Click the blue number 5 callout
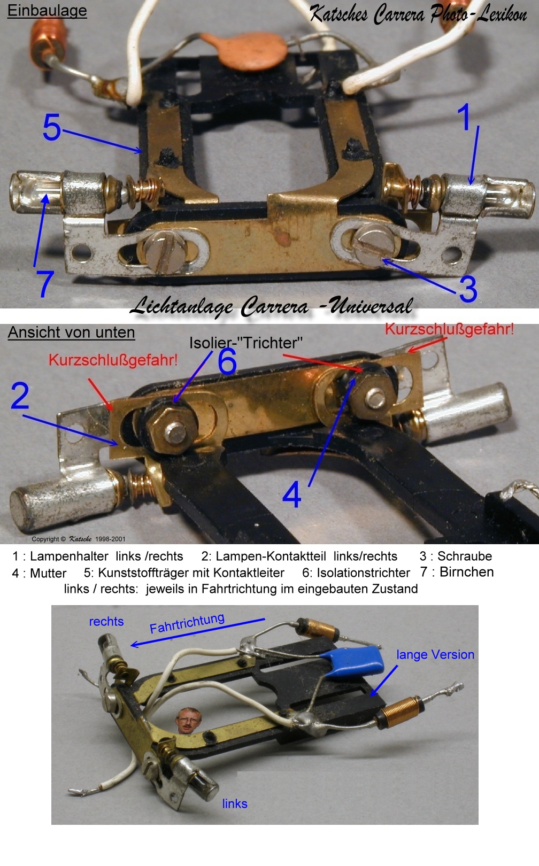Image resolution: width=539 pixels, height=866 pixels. [x=52, y=127]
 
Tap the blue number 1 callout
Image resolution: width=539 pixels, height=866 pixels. [x=464, y=117]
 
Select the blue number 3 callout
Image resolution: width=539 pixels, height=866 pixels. [x=468, y=289]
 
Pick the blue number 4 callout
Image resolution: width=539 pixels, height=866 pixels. [x=292, y=495]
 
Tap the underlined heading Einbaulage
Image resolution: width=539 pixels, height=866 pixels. [x=47, y=11]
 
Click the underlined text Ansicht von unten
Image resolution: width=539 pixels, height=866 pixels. [x=72, y=333]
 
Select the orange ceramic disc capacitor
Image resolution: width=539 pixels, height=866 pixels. [x=244, y=51]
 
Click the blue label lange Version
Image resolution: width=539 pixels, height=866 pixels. [x=435, y=654]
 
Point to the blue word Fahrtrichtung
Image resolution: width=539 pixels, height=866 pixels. [x=187, y=623]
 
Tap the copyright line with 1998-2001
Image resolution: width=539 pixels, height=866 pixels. [x=79, y=539]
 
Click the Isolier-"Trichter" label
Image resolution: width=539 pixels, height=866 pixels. [x=246, y=343]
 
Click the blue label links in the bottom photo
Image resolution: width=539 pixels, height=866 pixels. [x=235, y=804]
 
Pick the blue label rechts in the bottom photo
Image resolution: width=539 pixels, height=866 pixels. [x=106, y=621]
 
